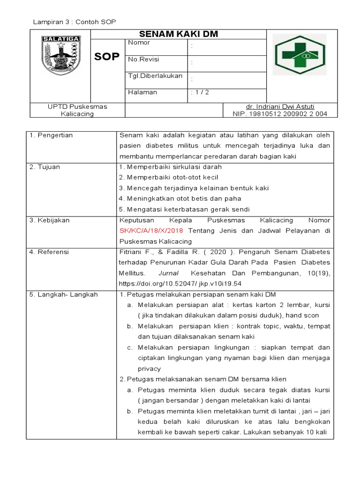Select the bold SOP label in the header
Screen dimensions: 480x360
tap(107, 57)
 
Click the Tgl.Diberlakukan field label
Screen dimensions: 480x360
tap(155, 76)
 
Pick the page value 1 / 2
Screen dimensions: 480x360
tap(200, 92)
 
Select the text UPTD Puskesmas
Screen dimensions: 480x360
tap(77, 106)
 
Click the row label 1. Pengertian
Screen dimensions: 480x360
tap(51, 135)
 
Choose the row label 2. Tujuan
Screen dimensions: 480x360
tap(45, 167)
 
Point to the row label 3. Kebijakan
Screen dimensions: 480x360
tap(49, 220)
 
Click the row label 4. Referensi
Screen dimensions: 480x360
tap(49, 252)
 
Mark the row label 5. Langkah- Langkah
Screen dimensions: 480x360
tap(63, 294)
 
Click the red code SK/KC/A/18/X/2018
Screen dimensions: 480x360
tap(151, 231)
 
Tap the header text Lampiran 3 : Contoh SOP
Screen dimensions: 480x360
tap(74, 22)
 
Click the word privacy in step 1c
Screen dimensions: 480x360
tap(149, 369)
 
